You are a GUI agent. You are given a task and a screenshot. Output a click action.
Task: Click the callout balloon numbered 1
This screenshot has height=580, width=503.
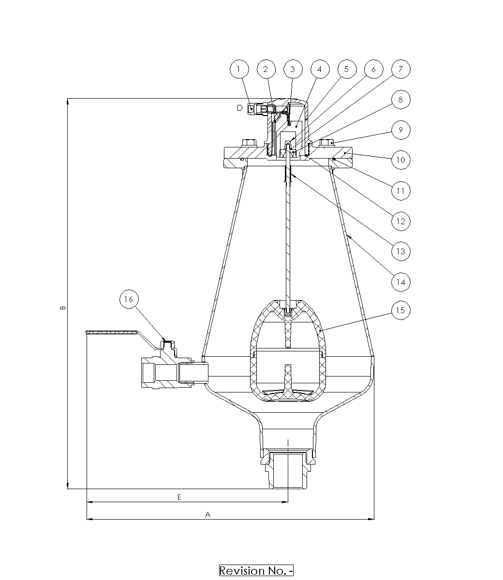tap(239, 69)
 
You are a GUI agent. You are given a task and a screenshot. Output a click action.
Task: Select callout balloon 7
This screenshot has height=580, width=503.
tap(401, 69)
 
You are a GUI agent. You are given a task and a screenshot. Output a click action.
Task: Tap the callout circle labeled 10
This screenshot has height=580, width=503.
tap(401, 160)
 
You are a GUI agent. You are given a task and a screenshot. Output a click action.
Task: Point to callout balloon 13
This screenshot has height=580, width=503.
tap(401, 251)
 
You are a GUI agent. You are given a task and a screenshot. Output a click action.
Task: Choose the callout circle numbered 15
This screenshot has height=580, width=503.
tap(401, 310)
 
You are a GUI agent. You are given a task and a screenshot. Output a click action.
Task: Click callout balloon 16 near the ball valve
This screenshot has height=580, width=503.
tap(129, 299)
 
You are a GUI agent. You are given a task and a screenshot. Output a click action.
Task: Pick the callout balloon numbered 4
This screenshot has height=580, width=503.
tap(320, 69)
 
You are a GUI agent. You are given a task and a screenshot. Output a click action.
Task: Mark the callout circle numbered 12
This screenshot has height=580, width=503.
tap(401, 221)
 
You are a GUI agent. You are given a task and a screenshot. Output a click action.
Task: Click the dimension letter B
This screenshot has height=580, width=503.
tap(63, 307)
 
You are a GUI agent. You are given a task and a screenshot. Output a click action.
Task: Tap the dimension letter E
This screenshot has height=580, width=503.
tap(179, 497)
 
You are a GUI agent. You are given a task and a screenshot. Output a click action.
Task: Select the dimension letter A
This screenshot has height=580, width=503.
tap(207, 514)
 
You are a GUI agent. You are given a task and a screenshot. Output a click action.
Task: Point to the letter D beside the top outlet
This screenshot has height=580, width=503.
tap(239, 108)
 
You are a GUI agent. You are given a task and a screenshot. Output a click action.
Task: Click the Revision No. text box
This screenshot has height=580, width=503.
tap(256, 570)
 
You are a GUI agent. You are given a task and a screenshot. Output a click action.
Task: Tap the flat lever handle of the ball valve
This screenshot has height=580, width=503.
tap(112, 332)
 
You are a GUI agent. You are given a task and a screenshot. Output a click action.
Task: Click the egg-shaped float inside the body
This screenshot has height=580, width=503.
tap(288, 351)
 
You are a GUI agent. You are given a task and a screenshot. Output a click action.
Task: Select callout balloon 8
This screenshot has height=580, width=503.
tap(401, 100)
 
